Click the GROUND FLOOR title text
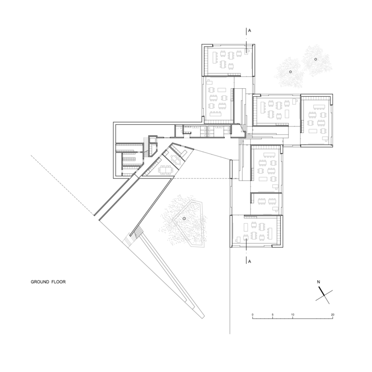click(48, 282)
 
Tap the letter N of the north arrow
click(319, 282)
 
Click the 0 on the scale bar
click(252, 315)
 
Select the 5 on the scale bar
click(273, 315)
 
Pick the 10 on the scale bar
click(292, 315)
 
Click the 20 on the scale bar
click(332, 315)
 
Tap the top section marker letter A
click(249, 31)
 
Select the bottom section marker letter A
click(249, 261)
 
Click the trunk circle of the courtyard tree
click(184, 218)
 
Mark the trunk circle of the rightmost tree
click(316, 59)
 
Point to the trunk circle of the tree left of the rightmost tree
click(290, 72)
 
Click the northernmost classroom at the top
click(228, 60)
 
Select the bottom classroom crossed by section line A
click(256, 231)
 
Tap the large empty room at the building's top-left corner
click(145, 133)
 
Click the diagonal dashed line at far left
click(62, 185)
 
